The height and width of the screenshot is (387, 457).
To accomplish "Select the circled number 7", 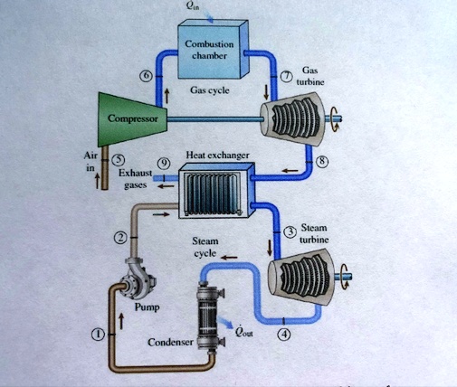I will point(286,75).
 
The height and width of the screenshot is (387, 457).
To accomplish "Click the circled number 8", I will point(320,161).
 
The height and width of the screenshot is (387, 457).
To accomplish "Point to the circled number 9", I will point(163,162).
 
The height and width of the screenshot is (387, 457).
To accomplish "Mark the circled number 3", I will point(290,232).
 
